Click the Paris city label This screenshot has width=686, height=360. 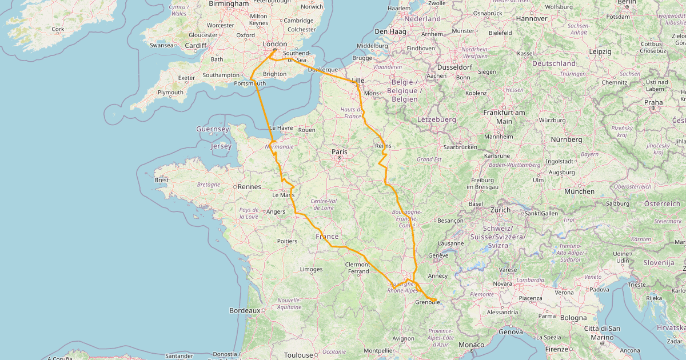(x=340, y=151)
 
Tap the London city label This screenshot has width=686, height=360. (x=274, y=44)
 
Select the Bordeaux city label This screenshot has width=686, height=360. (x=245, y=310)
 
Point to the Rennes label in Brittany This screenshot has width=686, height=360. (x=249, y=186)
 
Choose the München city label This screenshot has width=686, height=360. (x=579, y=191)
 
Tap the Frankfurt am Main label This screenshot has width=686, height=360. (x=504, y=117)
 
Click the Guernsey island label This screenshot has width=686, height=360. (x=212, y=129)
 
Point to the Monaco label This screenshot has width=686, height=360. (x=471, y=345)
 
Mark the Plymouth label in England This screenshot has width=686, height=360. (x=170, y=92)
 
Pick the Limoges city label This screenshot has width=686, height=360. (x=311, y=269)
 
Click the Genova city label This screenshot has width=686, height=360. (x=510, y=331)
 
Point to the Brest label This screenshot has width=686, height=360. (x=162, y=180)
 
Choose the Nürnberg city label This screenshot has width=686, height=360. (x=566, y=139)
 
